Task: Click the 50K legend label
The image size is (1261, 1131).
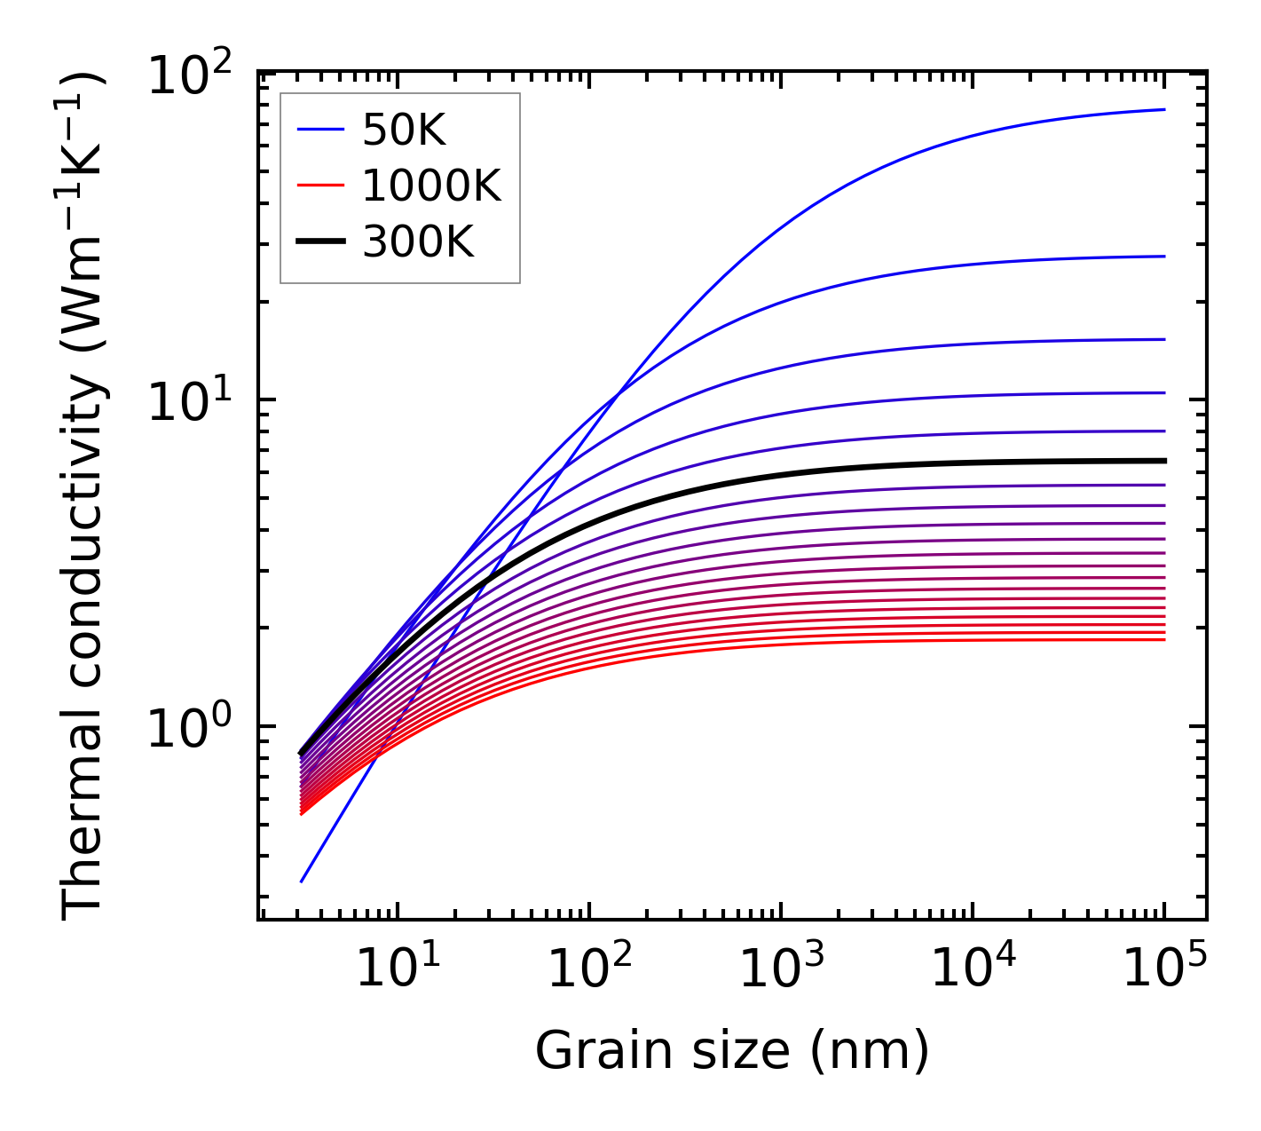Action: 404,131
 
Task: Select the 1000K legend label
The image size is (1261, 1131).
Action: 431,186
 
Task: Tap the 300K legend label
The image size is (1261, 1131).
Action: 418,241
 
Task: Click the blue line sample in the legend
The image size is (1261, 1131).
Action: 320,130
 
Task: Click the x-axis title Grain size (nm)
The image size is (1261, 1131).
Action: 732,1051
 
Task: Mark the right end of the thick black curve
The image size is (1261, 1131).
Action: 1164,461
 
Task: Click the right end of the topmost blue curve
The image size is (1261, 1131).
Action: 1164,110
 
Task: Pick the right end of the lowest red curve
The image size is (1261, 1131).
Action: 1164,640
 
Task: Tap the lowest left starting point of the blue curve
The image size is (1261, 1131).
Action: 302,882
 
